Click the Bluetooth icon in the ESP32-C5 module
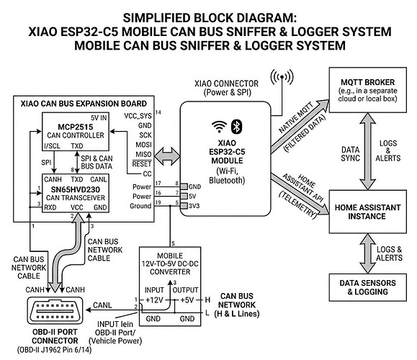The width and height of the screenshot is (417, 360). [x=236, y=126]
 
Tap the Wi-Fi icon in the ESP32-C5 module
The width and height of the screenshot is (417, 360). [x=219, y=127]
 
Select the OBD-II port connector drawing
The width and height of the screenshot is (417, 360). [x=55, y=310]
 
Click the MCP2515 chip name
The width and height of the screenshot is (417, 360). [x=76, y=127]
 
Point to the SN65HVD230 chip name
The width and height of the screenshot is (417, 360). [x=76, y=189]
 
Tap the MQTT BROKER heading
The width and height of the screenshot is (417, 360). [x=368, y=82]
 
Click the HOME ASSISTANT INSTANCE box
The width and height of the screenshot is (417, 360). [x=368, y=212]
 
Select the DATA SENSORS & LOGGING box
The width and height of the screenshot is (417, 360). [x=368, y=287]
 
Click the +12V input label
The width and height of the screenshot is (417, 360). [x=154, y=300]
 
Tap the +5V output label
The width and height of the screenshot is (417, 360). [x=187, y=300]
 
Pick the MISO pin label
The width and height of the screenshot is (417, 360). [x=143, y=155]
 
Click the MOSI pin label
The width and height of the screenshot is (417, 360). [x=143, y=145]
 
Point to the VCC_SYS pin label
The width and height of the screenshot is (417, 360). [x=138, y=116]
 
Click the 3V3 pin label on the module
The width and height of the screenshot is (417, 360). [x=194, y=206]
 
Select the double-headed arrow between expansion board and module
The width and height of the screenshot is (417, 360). [x=167, y=156]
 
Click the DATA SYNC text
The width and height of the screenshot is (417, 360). [x=351, y=154]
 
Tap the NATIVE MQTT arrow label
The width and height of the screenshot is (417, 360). [x=296, y=118]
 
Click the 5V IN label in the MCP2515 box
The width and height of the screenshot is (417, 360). [x=99, y=118]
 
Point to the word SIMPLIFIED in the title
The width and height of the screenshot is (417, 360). [x=156, y=18]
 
